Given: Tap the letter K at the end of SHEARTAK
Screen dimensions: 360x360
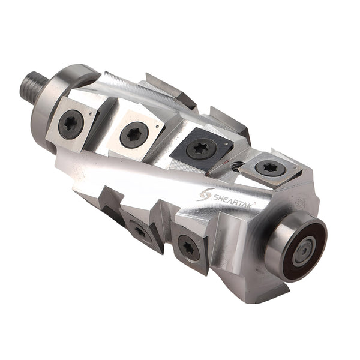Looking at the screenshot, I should tap(251, 204).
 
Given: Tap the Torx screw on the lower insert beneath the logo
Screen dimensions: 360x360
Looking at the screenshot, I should tap(188, 248).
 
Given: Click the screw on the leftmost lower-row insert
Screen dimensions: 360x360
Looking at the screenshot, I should tap(140, 230).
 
